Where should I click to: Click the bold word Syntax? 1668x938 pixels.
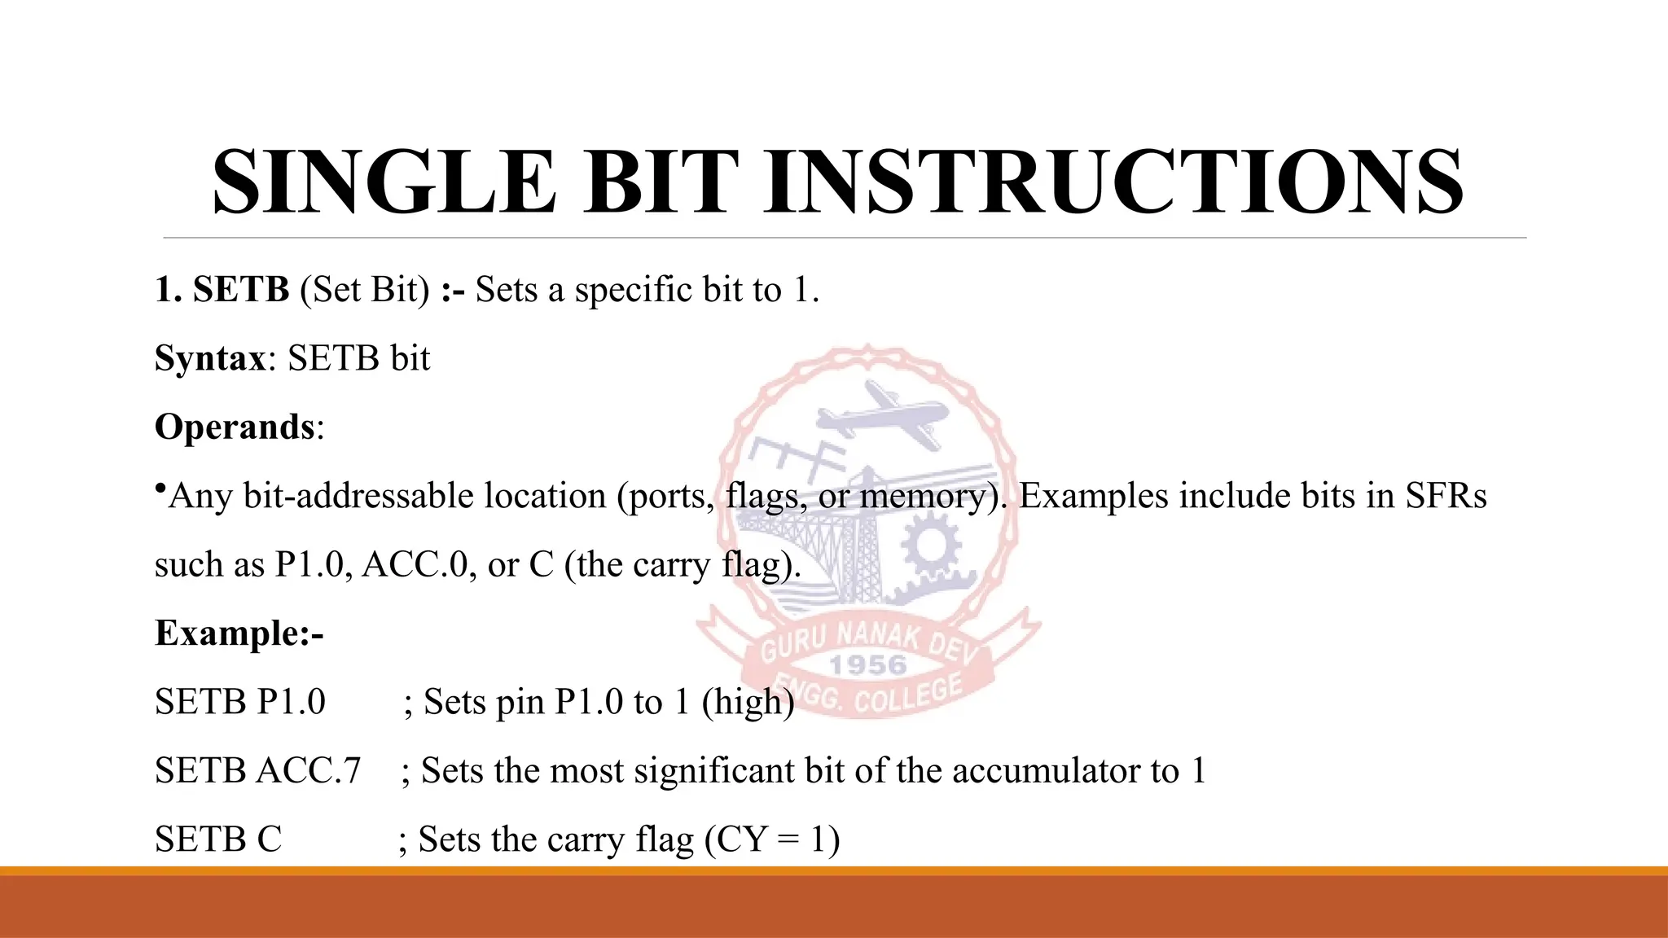(x=210, y=359)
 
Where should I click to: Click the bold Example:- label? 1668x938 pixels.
(x=239, y=633)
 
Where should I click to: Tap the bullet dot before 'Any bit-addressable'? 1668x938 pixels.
(x=160, y=489)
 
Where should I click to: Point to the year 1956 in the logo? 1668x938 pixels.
(x=867, y=665)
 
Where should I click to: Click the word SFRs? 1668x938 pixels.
(x=1446, y=496)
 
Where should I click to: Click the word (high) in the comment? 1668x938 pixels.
(x=748, y=702)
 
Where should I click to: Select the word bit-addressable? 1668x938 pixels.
(x=358, y=496)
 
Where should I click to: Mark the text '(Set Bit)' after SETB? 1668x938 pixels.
(x=365, y=290)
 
